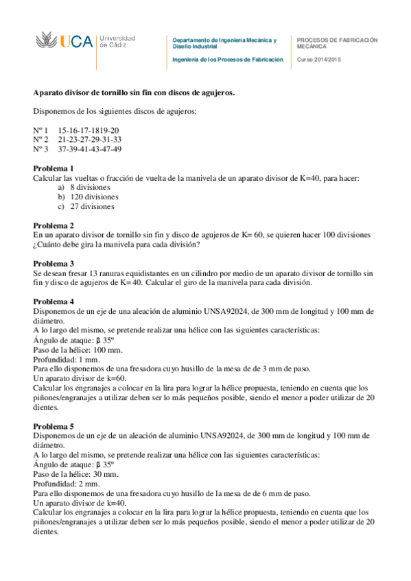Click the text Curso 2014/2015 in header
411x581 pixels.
[x=318, y=60]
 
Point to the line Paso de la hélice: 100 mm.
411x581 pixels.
[x=78, y=350]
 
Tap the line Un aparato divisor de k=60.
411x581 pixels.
[x=80, y=378]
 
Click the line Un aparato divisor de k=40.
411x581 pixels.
[x=80, y=502]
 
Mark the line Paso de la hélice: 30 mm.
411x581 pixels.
[x=75, y=474]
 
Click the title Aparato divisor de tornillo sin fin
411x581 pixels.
[x=134, y=92]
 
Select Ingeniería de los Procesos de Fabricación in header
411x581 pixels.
[x=227, y=60]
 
